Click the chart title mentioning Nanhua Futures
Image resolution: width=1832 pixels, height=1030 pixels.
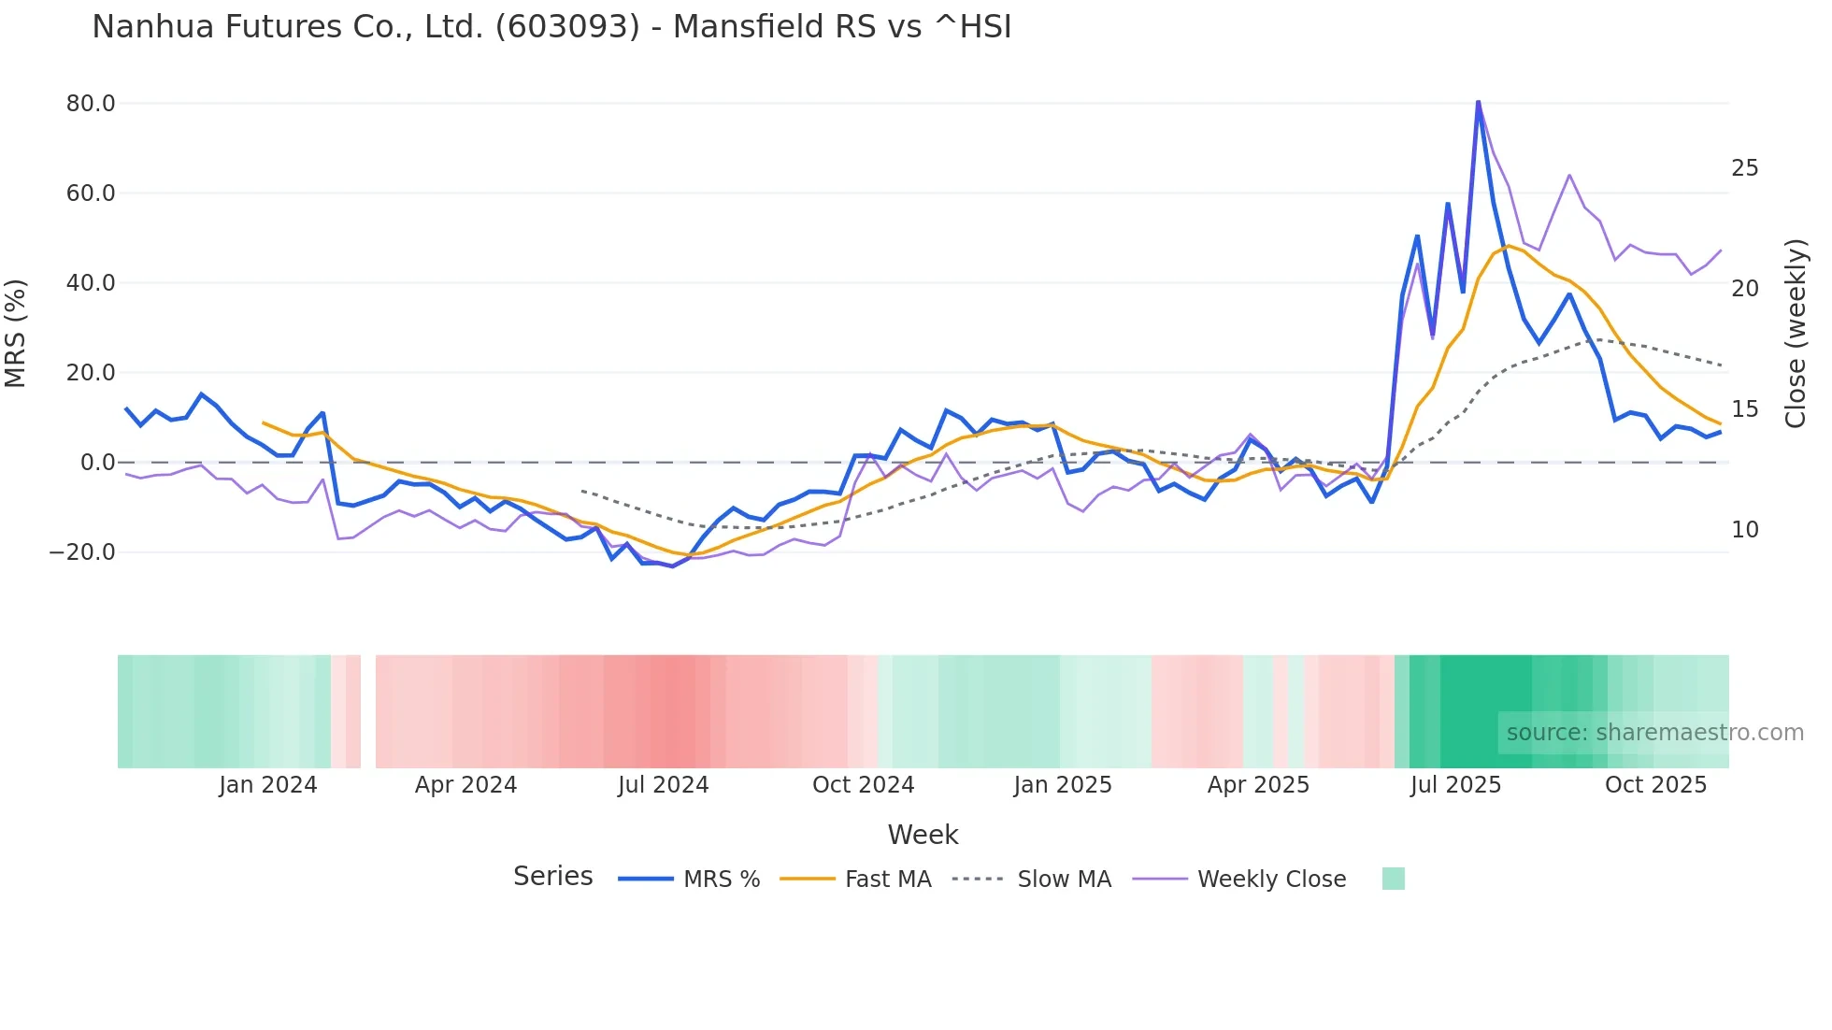pyautogui.click(x=551, y=27)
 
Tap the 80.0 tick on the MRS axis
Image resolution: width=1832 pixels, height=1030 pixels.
pyautogui.click(x=91, y=104)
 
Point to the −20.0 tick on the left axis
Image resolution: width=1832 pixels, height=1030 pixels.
pyautogui.click(x=82, y=552)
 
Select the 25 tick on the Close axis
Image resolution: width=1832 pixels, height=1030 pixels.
pyautogui.click(x=1744, y=168)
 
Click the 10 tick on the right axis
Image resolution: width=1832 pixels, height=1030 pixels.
pyautogui.click(x=1744, y=530)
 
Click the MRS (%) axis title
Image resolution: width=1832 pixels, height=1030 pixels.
pyautogui.click(x=16, y=333)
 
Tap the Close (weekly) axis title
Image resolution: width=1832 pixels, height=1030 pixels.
pyautogui.click(x=1795, y=333)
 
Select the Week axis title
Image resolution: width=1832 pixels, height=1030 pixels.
pyautogui.click(x=923, y=835)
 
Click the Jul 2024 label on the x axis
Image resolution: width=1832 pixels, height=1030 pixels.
pyautogui.click(x=663, y=785)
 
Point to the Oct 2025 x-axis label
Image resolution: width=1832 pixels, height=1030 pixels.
pyautogui.click(x=1655, y=785)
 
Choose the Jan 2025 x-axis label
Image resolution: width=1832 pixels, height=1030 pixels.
pyautogui.click(x=1063, y=785)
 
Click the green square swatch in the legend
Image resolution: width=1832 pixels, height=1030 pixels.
pyautogui.click(x=1393, y=879)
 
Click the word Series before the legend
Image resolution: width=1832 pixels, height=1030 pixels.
pyautogui.click(x=552, y=877)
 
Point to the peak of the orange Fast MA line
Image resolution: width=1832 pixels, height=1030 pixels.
pyautogui.click(x=1508, y=246)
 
